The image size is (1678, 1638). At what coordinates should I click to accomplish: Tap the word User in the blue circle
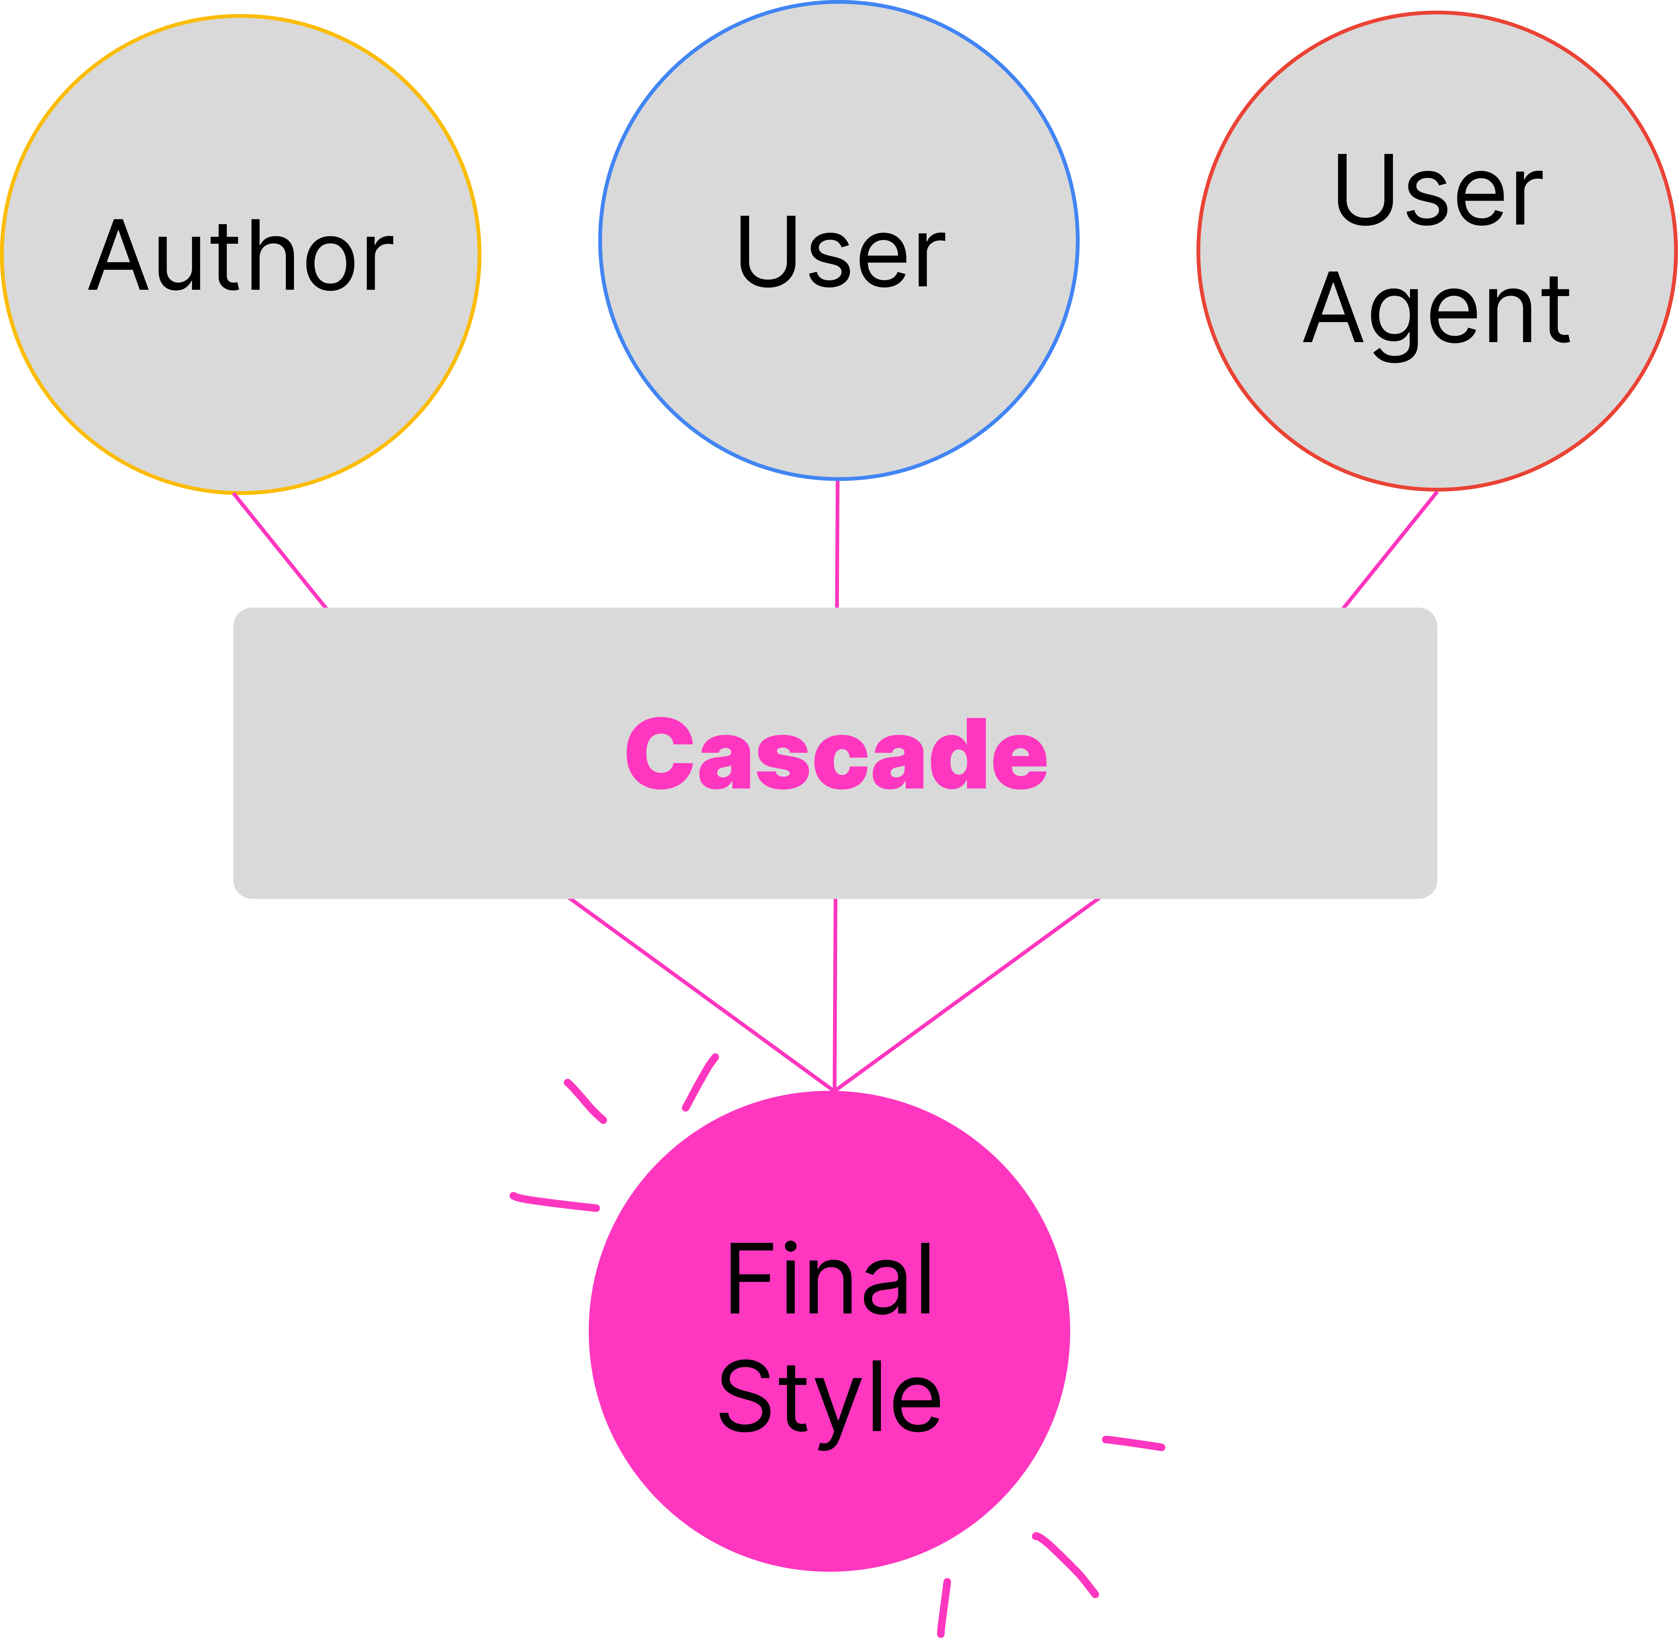tap(841, 251)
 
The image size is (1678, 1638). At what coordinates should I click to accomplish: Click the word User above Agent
tap(1438, 190)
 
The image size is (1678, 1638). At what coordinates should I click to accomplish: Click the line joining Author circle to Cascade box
tap(280, 550)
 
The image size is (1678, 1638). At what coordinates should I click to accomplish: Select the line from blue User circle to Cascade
tap(837, 544)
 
